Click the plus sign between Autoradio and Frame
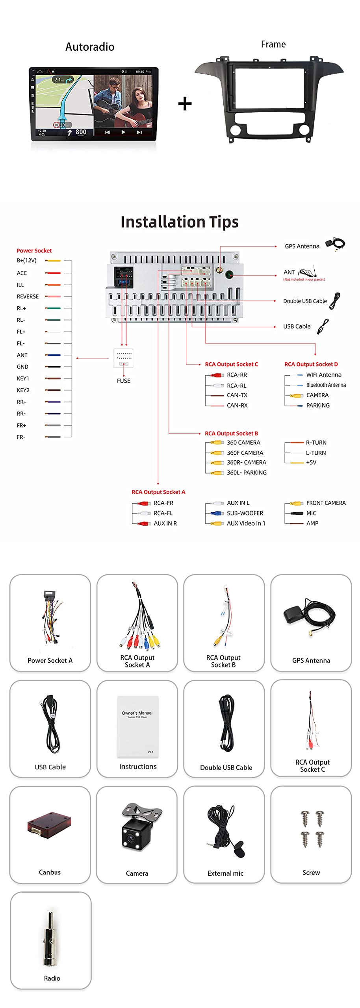(185, 104)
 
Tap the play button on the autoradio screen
(123, 132)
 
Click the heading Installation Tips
(180, 222)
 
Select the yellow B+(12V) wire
(53, 261)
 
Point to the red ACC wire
(53, 273)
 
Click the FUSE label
(123, 381)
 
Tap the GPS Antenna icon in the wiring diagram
(335, 244)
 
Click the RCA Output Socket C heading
(231, 364)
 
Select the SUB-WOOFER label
(245, 513)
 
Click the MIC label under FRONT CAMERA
(311, 513)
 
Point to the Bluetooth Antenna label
(326, 385)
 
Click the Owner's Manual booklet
(137, 726)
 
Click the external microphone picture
(225, 830)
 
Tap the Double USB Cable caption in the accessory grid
(226, 767)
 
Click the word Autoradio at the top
(90, 47)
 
